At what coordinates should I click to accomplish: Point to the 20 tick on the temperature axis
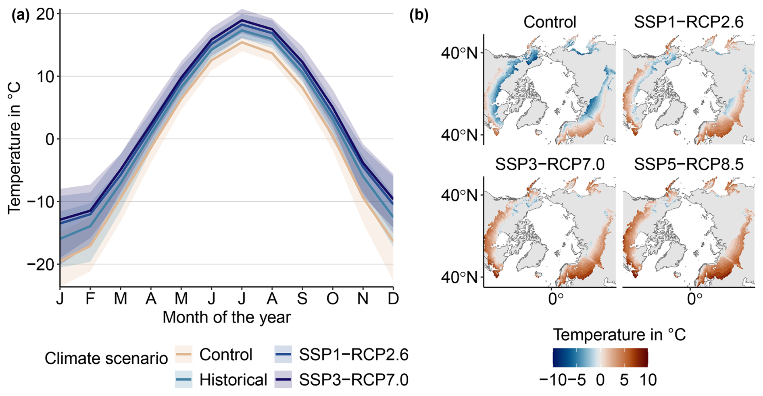(45, 15)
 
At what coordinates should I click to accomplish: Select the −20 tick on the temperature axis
(40, 265)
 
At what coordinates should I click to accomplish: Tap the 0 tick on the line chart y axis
(50, 140)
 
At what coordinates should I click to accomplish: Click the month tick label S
(302, 299)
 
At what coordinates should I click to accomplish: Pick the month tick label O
(333, 299)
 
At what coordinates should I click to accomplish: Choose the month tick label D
(393, 299)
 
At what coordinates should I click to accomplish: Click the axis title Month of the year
(226, 317)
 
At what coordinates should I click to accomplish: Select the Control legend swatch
(183, 354)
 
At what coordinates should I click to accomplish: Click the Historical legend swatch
(183, 379)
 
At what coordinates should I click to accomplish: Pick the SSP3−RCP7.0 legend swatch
(283, 379)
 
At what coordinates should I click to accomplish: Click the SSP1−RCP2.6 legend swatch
(283, 354)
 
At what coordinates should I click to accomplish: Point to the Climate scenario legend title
(106, 358)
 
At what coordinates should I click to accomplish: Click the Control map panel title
(550, 22)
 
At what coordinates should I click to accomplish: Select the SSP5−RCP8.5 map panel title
(688, 164)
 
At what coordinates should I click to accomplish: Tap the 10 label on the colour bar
(648, 380)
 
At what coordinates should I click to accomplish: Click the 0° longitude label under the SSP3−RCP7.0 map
(555, 299)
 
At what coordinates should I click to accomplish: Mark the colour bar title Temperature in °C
(619, 335)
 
